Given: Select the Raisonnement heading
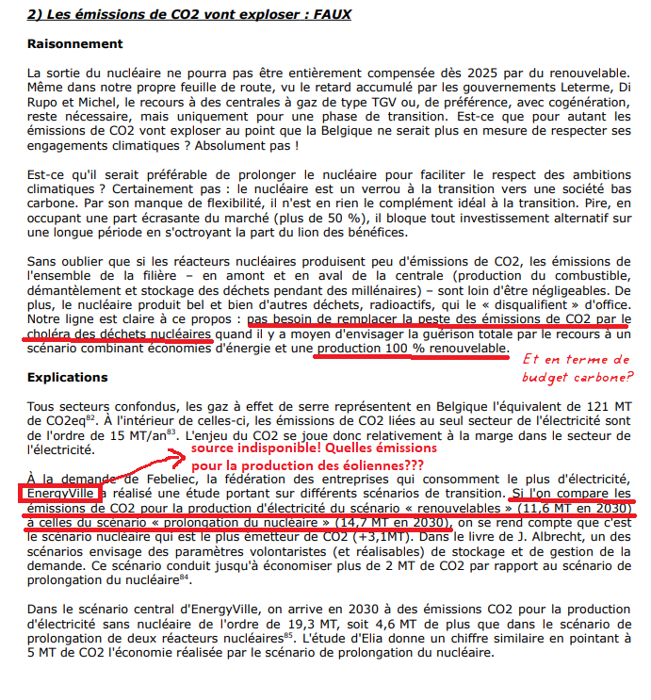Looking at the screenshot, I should [75, 44].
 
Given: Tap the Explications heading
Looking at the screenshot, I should [69, 376].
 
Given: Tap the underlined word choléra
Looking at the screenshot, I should [55, 333].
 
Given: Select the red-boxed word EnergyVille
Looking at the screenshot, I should [58, 493].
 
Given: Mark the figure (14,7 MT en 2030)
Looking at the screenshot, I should [382, 521].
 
